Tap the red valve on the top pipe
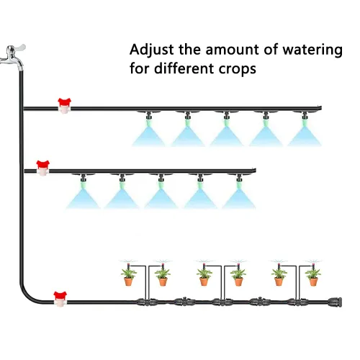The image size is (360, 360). tap(64, 106)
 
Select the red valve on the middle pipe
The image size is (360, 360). tap(42, 168)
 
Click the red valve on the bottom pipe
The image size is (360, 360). tap(60, 300)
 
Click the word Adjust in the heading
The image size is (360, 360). tap(151, 50)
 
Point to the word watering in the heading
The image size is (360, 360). tap(312, 50)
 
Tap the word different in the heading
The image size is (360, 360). tap(184, 68)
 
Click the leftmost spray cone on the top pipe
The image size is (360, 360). tap(149, 135)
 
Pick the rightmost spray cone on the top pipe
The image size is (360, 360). tap(305, 135)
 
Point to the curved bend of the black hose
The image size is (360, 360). tap(28, 294)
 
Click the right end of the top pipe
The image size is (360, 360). tap(321, 108)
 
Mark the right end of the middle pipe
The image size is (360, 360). tap(256, 171)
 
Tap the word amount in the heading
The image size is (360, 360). tap(233, 50)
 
